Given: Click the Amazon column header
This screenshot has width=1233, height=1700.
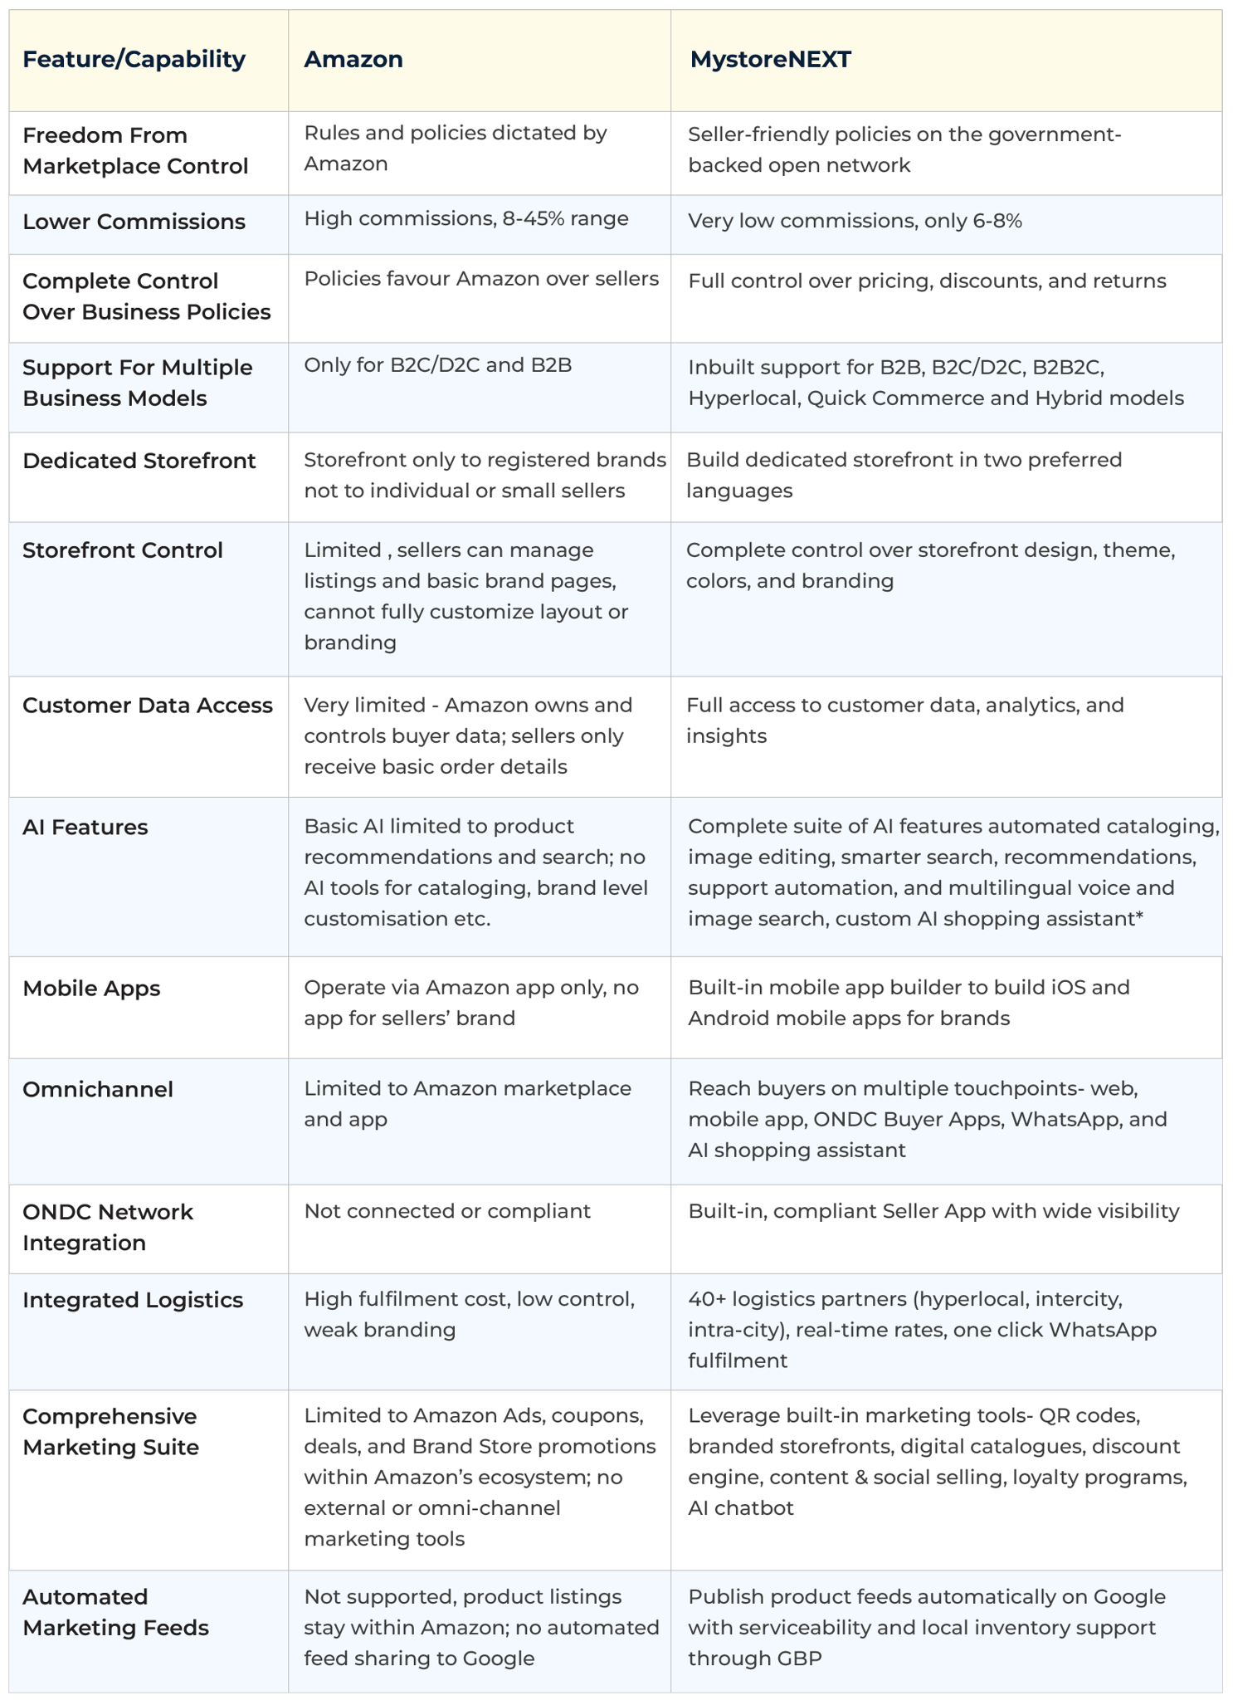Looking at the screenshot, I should pyautogui.click(x=353, y=60).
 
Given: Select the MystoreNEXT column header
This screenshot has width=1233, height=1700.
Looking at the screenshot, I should pyautogui.click(x=770, y=60).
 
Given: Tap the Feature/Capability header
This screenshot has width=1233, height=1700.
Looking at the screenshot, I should pyautogui.click(x=134, y=60).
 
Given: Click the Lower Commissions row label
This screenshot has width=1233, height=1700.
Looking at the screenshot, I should pyautogui.click(x=134, y=222).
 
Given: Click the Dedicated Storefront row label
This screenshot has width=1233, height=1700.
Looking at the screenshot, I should pyautogui.click(x=139, y=461).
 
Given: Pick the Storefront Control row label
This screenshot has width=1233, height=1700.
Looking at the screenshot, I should pyautogui.click(x=122, y=550).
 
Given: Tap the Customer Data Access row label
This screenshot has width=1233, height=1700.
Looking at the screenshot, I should pyautogui.click(x=147, y=706).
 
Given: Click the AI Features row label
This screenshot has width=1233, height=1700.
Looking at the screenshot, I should pyautogui.click(x=85, y=828).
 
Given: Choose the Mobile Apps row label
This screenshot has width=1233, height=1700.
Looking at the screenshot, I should pyautogui.click(x=91, y=989).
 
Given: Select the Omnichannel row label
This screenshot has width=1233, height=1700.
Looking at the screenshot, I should pyautogui.click(x=97, y=1089).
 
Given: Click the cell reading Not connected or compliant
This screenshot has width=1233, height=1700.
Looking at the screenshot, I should pyautogui.click(x=447, y=1211).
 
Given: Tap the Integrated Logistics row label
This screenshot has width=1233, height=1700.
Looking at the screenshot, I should pyautogui.click(x=133, y=1300).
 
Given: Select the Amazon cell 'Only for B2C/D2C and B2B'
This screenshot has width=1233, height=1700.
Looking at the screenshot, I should pyautogui.click(x=437, y=365).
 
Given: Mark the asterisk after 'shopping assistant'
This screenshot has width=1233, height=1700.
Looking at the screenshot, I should pyautogui.click(x=1138, y=916).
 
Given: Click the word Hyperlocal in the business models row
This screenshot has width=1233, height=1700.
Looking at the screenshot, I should pyautogui.click(x=741, y=398).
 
